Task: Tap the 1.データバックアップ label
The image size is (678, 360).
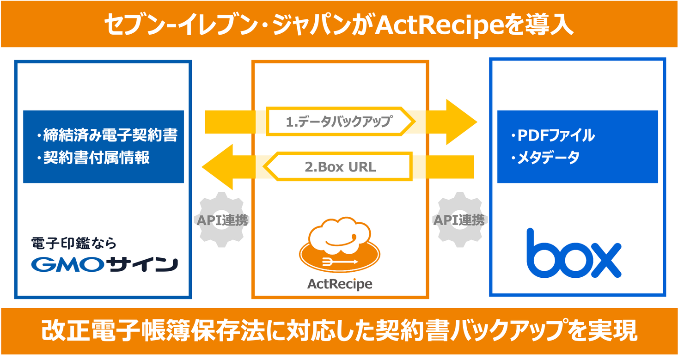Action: (339, 122)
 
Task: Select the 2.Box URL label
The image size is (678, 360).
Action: (340, 167)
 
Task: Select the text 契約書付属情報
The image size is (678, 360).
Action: (97, 158)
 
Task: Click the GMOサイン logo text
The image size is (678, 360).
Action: (104, 264)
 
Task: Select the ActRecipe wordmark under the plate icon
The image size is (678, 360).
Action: (340, 283)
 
